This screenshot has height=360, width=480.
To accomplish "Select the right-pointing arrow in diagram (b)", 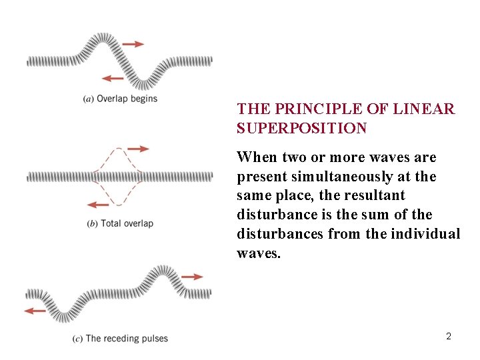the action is click(138, 149).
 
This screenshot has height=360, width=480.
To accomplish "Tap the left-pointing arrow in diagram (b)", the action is click(98, 204).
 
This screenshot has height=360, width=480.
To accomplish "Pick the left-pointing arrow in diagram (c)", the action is click(35, 310).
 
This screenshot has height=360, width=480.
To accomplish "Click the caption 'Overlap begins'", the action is click(127, 99).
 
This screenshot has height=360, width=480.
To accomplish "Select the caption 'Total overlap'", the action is click(127, 223).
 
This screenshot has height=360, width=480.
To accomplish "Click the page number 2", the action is click(449, 336).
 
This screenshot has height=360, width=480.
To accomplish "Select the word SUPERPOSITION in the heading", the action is click(301, 128).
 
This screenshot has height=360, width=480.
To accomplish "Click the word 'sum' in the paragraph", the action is click(389, 215).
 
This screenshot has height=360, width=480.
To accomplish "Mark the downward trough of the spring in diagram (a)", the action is click(145, 83).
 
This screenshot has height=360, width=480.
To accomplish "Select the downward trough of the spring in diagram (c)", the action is click(66, 315).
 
